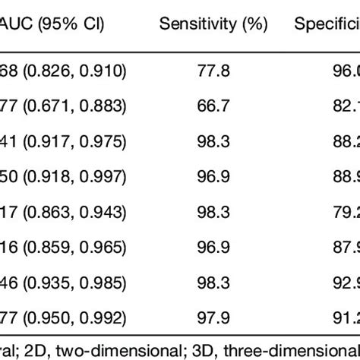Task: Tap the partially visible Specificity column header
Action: click(327, 24)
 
